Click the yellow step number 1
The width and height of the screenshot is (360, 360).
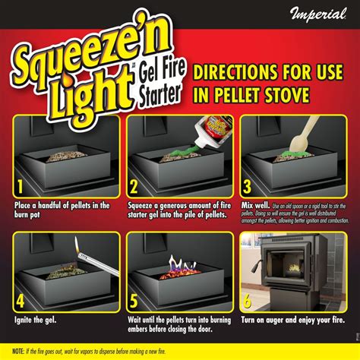pos(17,186)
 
